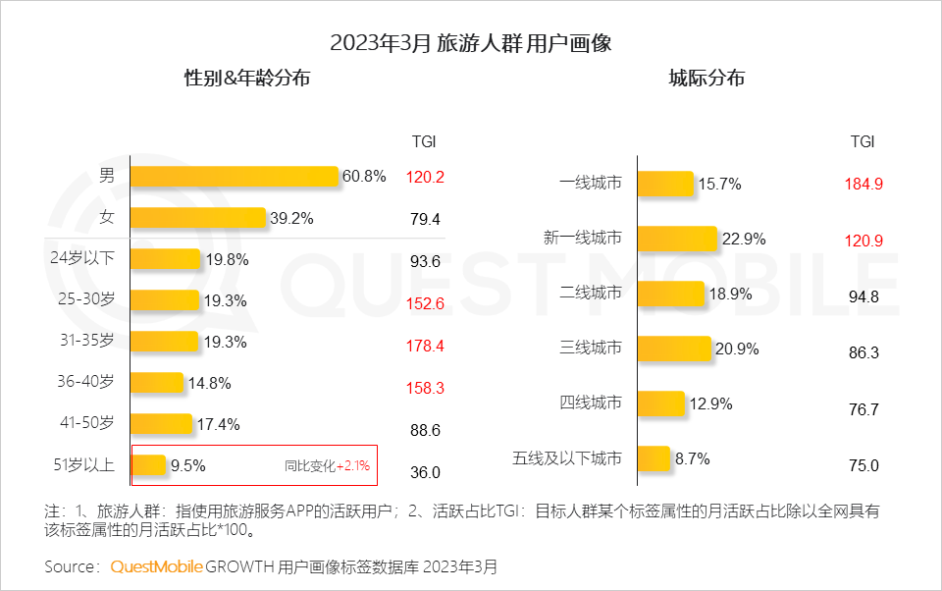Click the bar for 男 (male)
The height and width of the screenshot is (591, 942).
235,177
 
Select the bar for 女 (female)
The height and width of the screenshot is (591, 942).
198,218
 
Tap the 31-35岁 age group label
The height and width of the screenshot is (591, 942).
88,342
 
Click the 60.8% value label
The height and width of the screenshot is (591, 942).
364,177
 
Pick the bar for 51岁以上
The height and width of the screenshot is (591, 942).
148,465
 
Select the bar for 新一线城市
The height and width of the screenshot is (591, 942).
677,239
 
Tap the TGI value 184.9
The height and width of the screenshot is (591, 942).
863,184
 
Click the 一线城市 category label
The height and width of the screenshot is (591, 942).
591,184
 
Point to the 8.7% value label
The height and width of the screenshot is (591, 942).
691,458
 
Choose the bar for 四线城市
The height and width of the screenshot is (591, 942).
660,403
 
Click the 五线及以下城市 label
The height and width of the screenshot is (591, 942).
567,458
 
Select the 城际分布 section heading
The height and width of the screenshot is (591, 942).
706,79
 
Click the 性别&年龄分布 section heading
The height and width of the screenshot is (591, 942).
247,79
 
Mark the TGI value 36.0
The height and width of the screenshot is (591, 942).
425,472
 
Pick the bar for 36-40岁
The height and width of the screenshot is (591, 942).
157,383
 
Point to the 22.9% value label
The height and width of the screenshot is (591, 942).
745,239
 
